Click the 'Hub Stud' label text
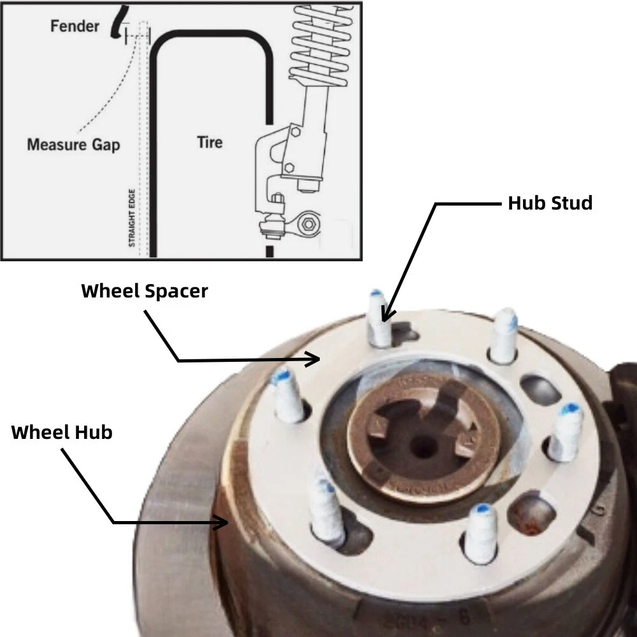pos(550,203)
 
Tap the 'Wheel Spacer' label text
pos(144,291)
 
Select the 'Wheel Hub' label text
pos(62,432)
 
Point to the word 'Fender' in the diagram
pos(75,26)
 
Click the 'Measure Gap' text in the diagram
pos(73,145)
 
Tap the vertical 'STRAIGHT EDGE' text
pos(132,217)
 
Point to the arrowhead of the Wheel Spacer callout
pos(315,360)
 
